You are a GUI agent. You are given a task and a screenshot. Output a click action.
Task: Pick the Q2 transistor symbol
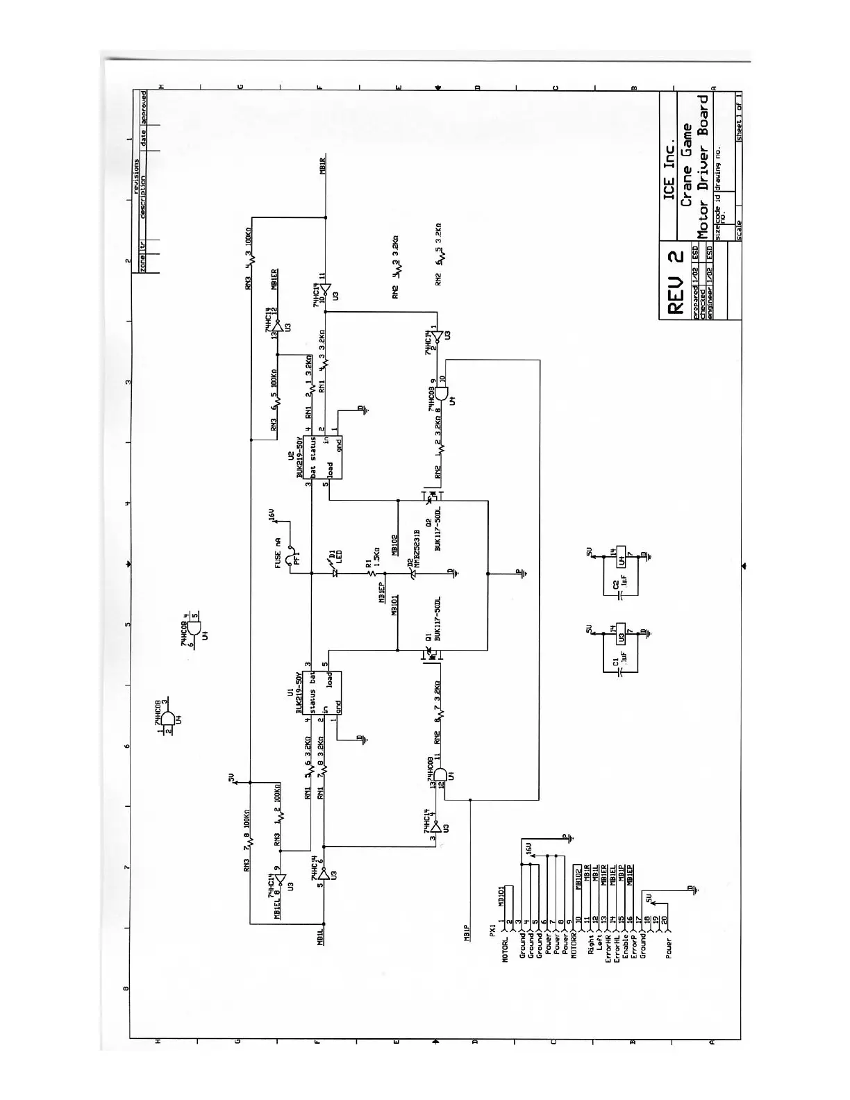pos(431,494)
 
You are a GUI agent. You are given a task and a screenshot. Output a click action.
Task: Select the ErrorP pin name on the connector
pos(633,946)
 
